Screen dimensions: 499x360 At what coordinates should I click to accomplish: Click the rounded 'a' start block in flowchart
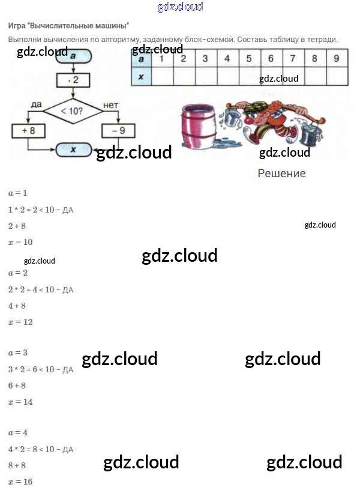tap(73, 55)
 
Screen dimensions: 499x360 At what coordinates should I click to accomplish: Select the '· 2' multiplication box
tap(73, 79)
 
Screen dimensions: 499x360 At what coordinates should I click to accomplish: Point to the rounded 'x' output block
tap(73, 150)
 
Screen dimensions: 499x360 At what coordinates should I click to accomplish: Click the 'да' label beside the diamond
tap(36, 105)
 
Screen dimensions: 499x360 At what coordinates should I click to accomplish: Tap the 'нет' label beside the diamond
tap(111, 105)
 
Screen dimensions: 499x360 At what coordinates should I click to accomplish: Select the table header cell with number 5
tap(249, 59)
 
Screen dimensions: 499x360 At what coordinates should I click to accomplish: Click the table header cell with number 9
tap(336, 59)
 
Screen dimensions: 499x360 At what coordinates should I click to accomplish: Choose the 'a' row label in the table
tap(141, 59)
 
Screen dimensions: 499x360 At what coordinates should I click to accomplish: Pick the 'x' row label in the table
tap(141, 77)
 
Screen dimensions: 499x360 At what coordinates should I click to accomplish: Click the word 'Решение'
tap(281, 174)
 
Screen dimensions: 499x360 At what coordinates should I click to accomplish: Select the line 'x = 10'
tap(20, 242)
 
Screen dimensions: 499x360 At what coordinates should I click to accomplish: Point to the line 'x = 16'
tap(20, 482)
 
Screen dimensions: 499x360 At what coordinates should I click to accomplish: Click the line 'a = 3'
tap(18, 352)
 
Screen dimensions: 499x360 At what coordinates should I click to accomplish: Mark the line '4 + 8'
tap(17, 306)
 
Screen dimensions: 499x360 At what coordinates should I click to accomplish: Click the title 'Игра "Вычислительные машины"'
tap(68, 26)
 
